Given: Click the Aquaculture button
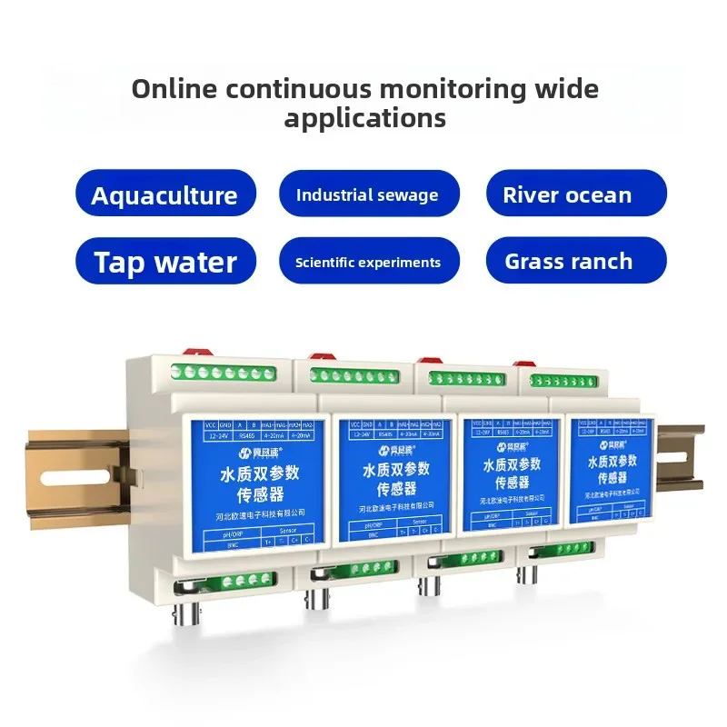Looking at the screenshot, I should (164, 195).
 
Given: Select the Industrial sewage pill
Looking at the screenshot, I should (367, 194).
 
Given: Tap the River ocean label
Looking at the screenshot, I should (567, 194).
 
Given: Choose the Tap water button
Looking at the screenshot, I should (165, 263).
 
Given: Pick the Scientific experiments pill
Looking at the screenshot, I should (367, 263).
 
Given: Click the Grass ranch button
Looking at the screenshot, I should (568, 262).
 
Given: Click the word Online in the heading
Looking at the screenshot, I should (175, 89).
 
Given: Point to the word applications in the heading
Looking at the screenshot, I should (364, 118).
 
